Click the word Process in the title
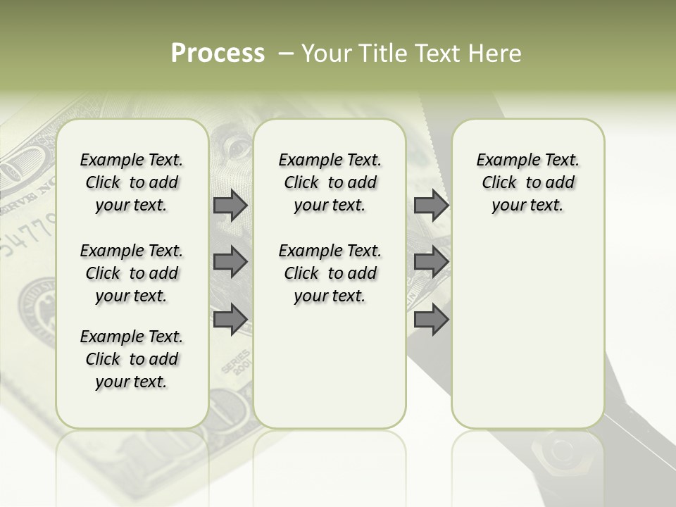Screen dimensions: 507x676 pyautogui.click(x=218, y=54)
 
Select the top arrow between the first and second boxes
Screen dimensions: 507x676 pyautogui.click(x=230, y=205)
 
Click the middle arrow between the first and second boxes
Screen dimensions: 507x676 pyautogui.click(x=230, y=262)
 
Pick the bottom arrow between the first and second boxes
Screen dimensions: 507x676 pyautogui.click(x=230, y=319)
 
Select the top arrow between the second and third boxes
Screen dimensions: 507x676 pyautogui.click(x=431, y=205)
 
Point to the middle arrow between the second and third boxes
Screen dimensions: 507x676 pyautogui.click(x=431, y=262)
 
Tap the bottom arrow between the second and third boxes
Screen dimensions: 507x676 pyautogui.click(x=431, y=319)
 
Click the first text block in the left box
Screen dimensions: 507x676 pyautogui.click(x=132, y=182)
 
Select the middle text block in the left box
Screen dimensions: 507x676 pyautogui.click(x=132, y=273)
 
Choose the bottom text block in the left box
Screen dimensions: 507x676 pyautogui.click(x=132, y=359)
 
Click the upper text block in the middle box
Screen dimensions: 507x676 pyautogui.click(x=330, y=182)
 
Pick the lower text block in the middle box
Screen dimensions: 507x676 pyautogui.click(x=330, y=273)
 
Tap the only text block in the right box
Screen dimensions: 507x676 pyautogui.click(x=528, y=182)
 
